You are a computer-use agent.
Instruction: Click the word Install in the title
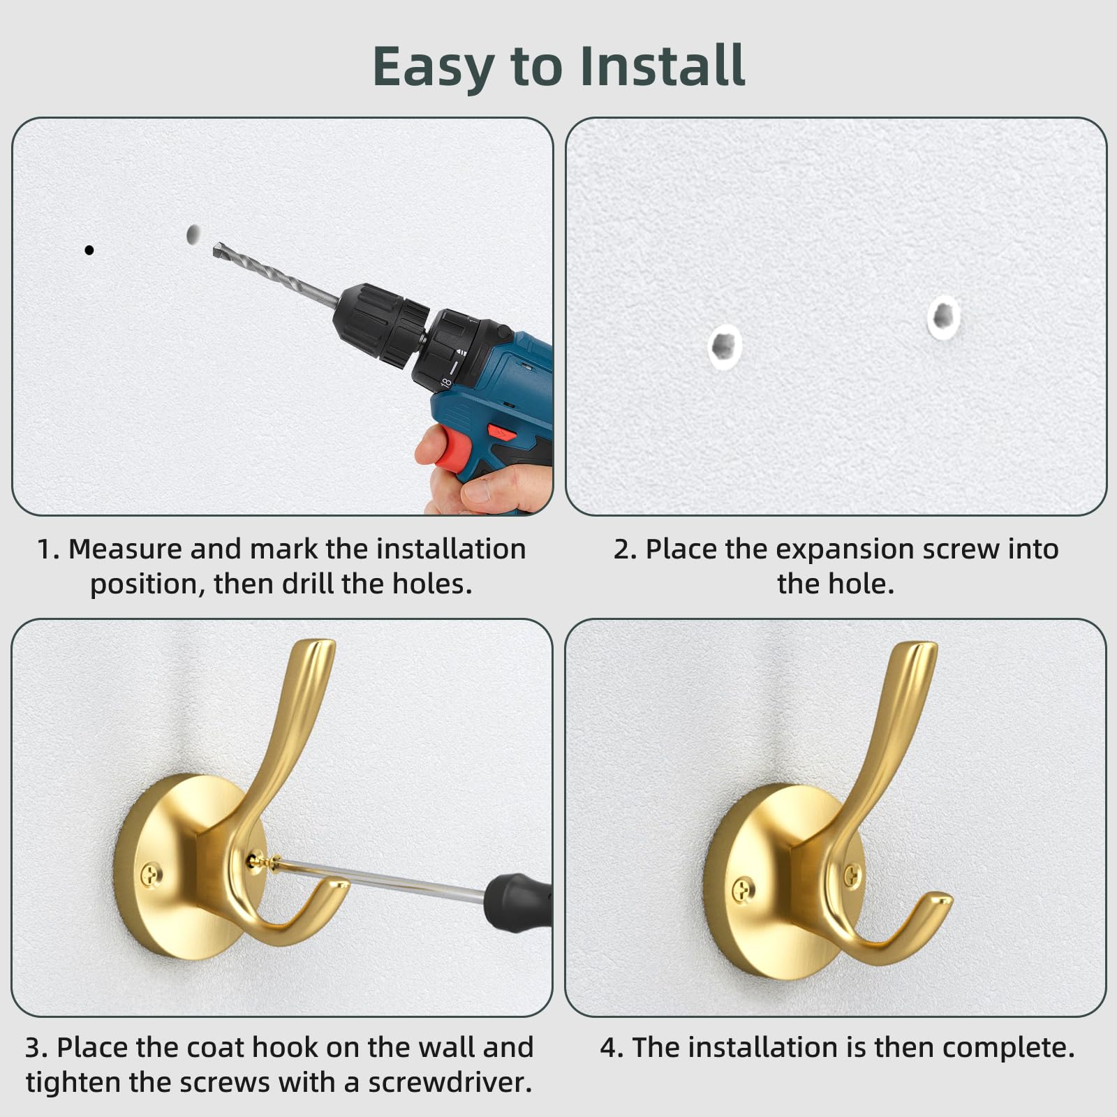click(663, 66)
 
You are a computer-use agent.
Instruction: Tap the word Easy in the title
click(434, 68)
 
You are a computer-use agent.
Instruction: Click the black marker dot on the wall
click(89, 250)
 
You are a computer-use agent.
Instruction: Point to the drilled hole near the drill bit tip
click(193, 235)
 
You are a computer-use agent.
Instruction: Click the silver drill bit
click(276, 275)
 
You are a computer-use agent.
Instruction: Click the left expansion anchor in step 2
click(725, 346)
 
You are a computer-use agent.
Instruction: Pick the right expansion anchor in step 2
click(944, 318)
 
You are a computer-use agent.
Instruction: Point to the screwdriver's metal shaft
click(380, 879)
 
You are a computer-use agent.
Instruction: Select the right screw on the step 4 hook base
click(852, 875)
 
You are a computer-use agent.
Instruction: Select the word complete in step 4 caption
click(1009, 1049)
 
